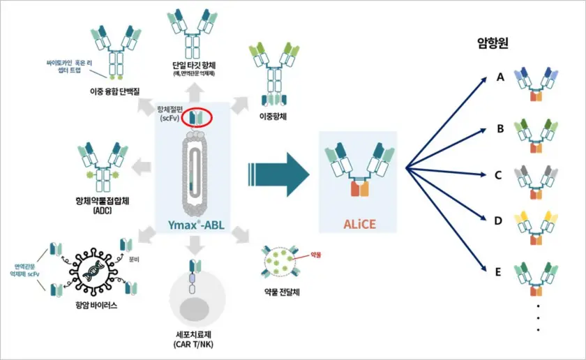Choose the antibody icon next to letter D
pos(534,227)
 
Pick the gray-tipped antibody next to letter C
pos(534,179)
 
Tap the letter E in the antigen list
pos(499,272)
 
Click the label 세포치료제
pos(198,333)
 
